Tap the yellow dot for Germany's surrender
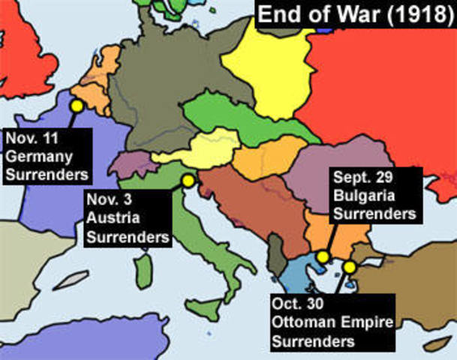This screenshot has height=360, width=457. tap(76, 106)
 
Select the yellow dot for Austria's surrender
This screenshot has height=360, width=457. tap(188, 181)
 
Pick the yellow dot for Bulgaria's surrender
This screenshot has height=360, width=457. tap(323, 257)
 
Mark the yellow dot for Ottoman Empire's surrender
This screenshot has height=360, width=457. tap(349, 266)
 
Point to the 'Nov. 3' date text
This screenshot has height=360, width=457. tap(110, 201)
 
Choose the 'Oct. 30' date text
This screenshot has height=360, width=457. tap(301, 307)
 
